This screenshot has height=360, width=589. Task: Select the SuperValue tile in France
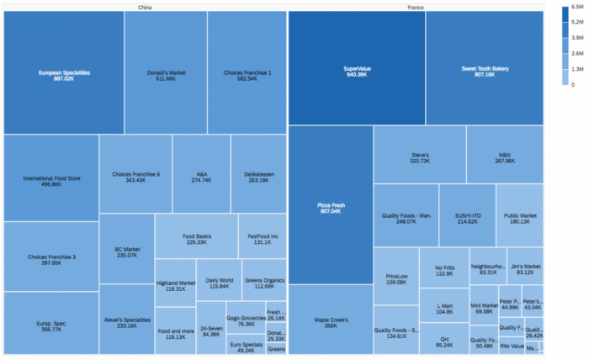356,71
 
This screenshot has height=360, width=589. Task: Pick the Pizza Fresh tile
330,207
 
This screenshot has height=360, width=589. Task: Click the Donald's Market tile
166,76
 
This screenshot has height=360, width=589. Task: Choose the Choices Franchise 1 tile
247,76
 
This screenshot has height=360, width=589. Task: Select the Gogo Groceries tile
246,321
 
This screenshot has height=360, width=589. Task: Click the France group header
415,7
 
